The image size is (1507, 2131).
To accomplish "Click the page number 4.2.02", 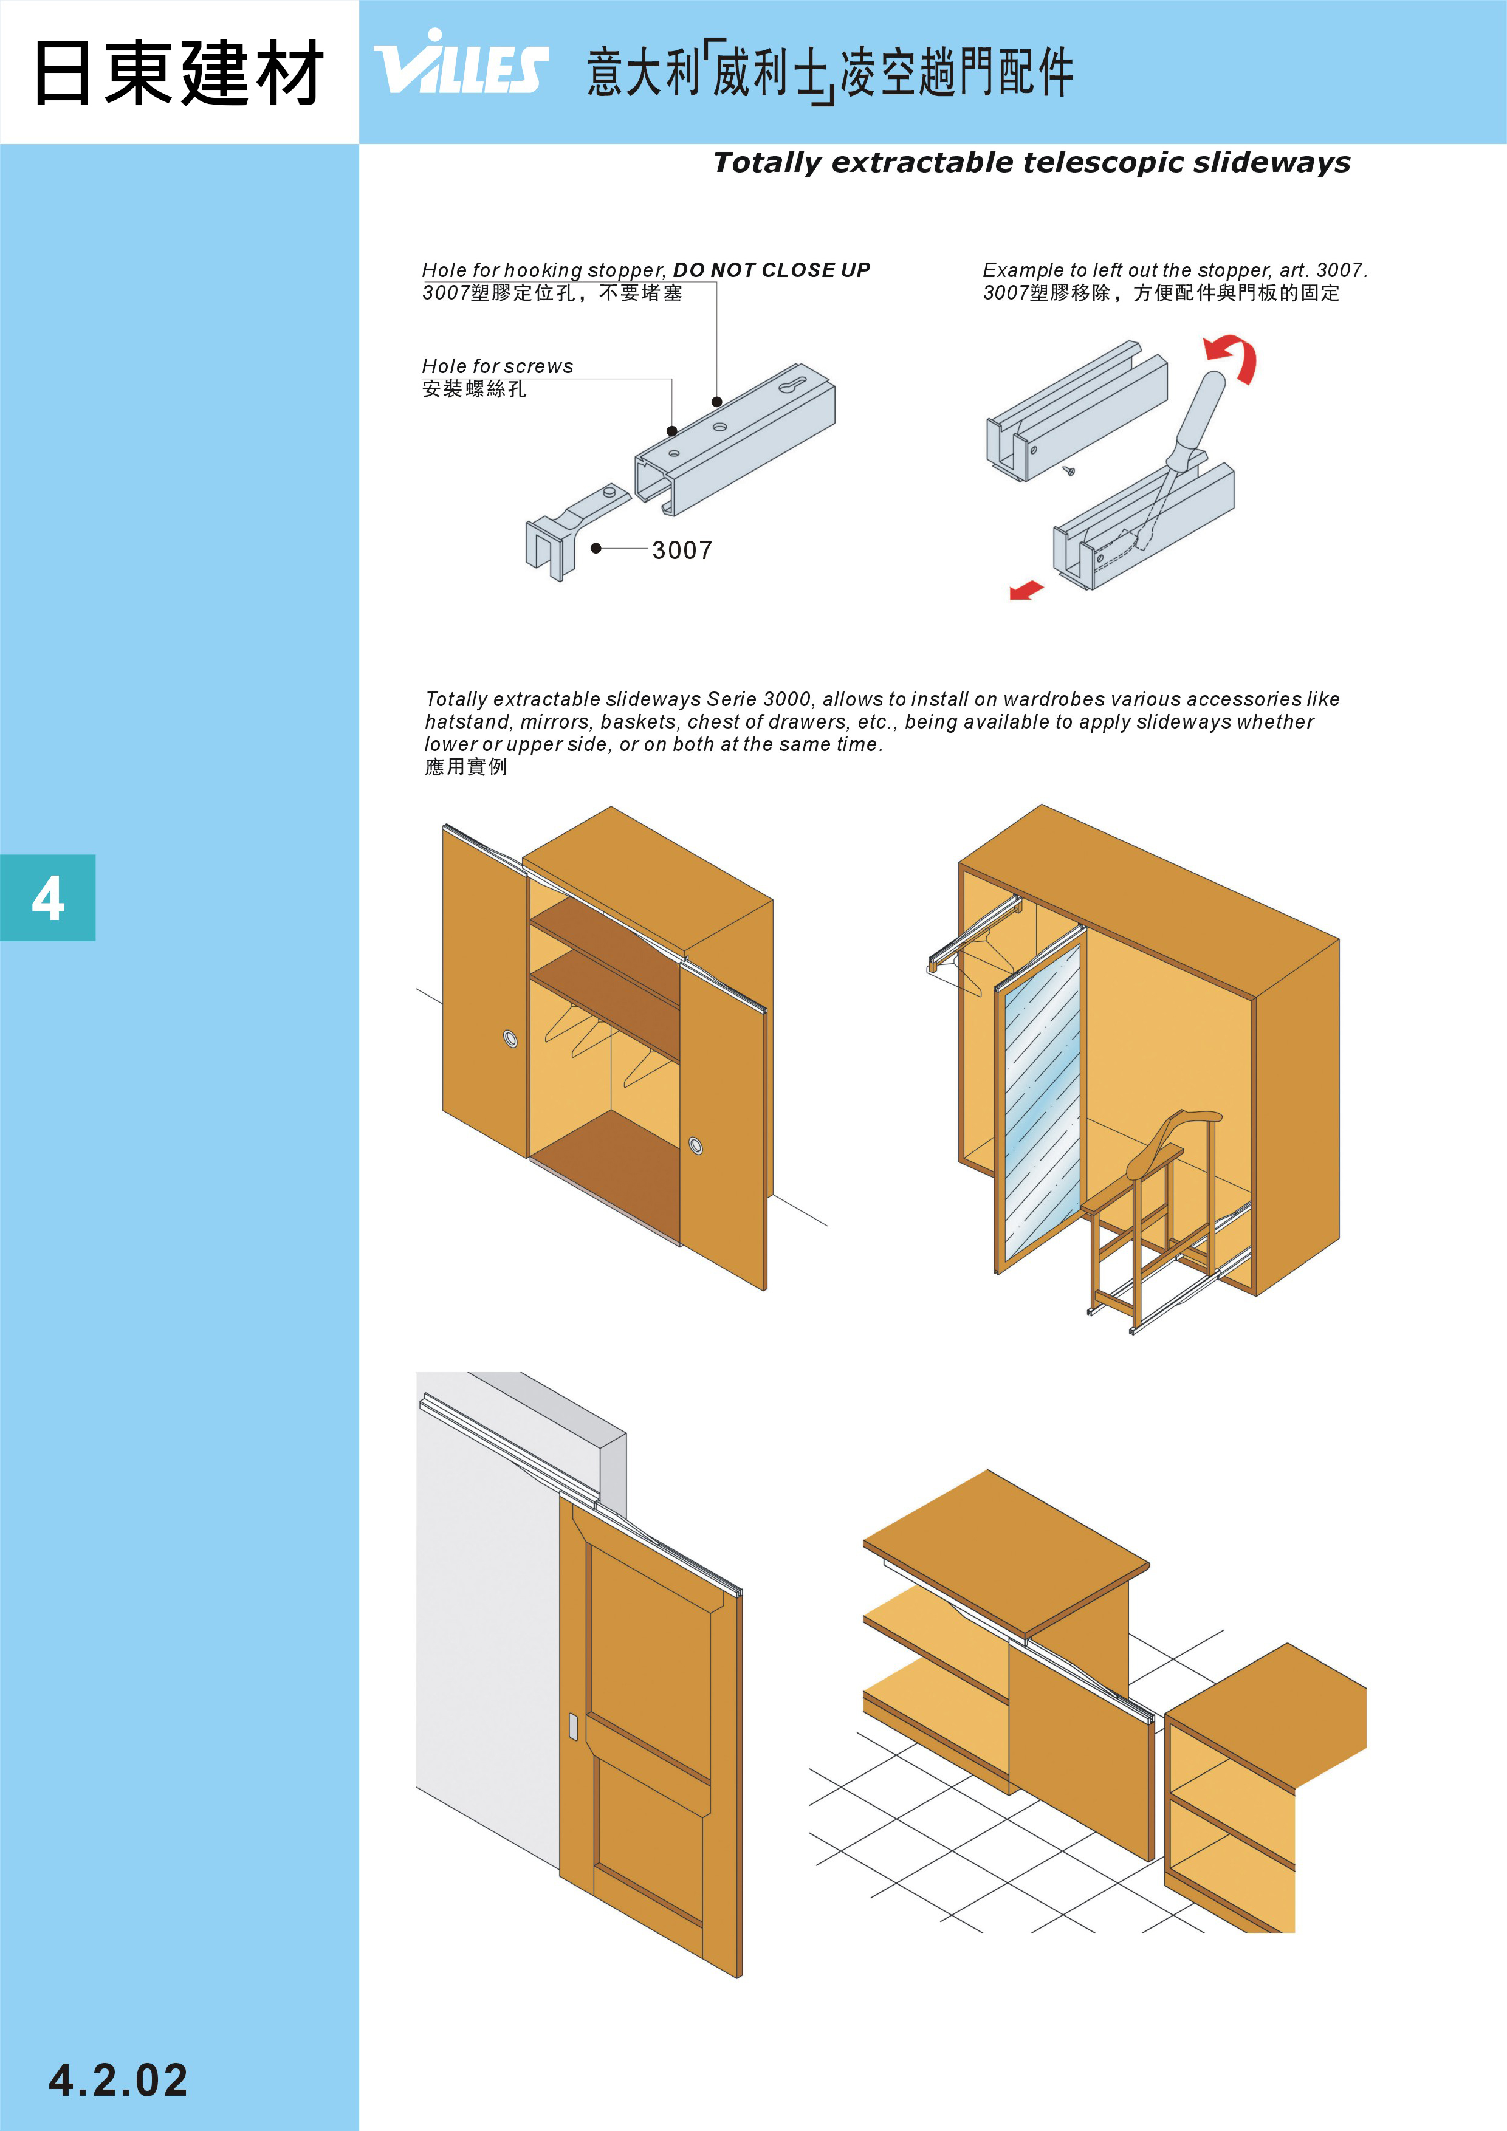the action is click(118, 2080).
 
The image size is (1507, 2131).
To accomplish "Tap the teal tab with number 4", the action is click(47, 897).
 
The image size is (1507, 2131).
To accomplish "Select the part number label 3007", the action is click(682, 551).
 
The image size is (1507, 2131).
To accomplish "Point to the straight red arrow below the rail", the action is click(1026, 590).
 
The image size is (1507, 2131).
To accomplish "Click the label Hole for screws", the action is click(498, 366).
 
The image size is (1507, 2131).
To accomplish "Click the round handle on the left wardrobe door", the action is click(510, 1038).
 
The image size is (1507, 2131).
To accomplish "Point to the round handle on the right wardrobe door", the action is click(696, 1145).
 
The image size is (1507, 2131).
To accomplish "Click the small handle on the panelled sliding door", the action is click(572, 1728).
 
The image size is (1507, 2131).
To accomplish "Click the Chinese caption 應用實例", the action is click(466, 767).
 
